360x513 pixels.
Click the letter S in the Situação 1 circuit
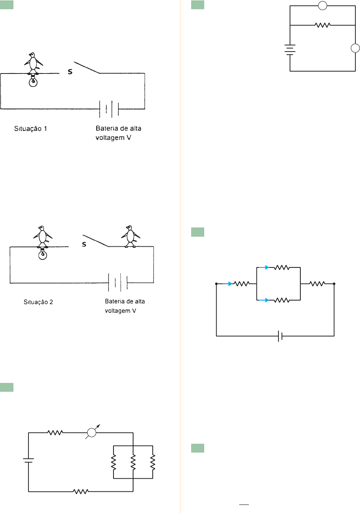(x=70, y=72)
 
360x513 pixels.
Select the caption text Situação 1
(x=31, y=129)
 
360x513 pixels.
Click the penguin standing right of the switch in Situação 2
(x=130, y=236)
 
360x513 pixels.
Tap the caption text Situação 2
(x=38, y=302)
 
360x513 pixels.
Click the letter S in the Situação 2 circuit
(x=84, y=244)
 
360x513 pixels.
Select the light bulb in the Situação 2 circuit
(x=43, y=254)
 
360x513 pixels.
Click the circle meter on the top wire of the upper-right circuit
(x=323, y=6)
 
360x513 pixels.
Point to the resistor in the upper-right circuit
(x=322, y=25)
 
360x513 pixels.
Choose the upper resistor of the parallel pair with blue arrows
(x=282, y=267)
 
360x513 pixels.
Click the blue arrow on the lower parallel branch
(x=264, y=300)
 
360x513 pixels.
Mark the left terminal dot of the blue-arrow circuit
(x=217, y=284)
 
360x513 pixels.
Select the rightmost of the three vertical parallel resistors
(x=153, y=462)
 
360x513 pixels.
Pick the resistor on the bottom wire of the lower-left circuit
(x=81, y=491)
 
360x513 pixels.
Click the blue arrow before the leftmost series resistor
(x=228, y=284)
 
